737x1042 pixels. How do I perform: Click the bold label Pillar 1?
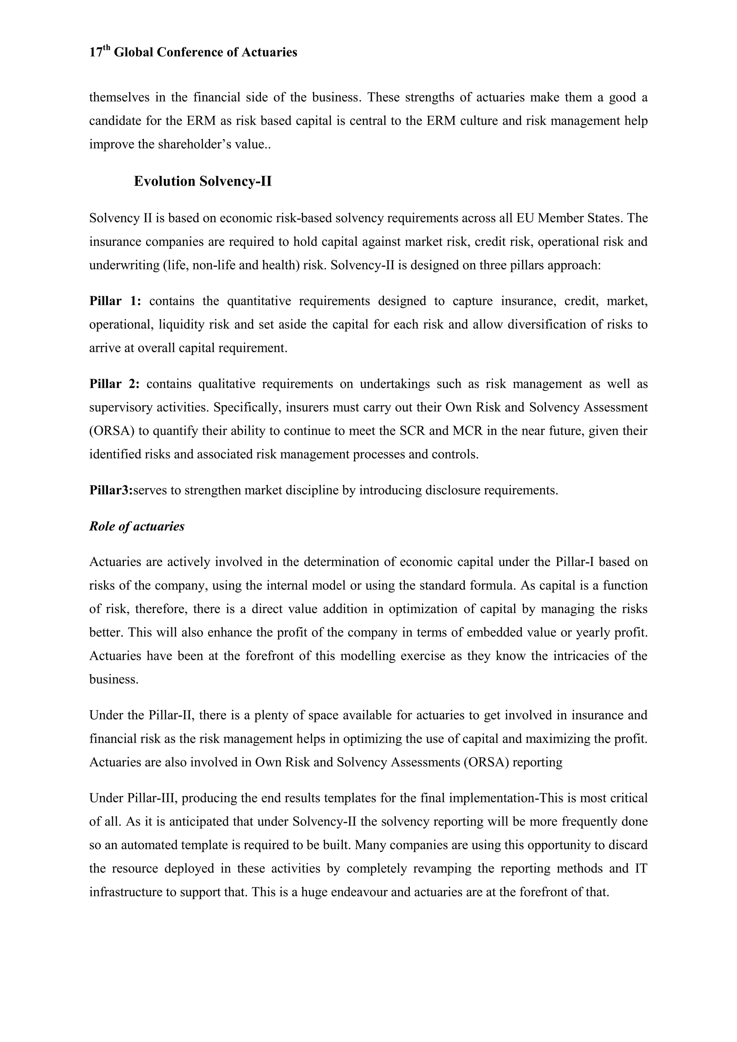click(x=115, y=302)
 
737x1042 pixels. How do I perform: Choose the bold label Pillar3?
click(x=111, y=490)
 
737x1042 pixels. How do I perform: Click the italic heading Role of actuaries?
click(x=137, y=526)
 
